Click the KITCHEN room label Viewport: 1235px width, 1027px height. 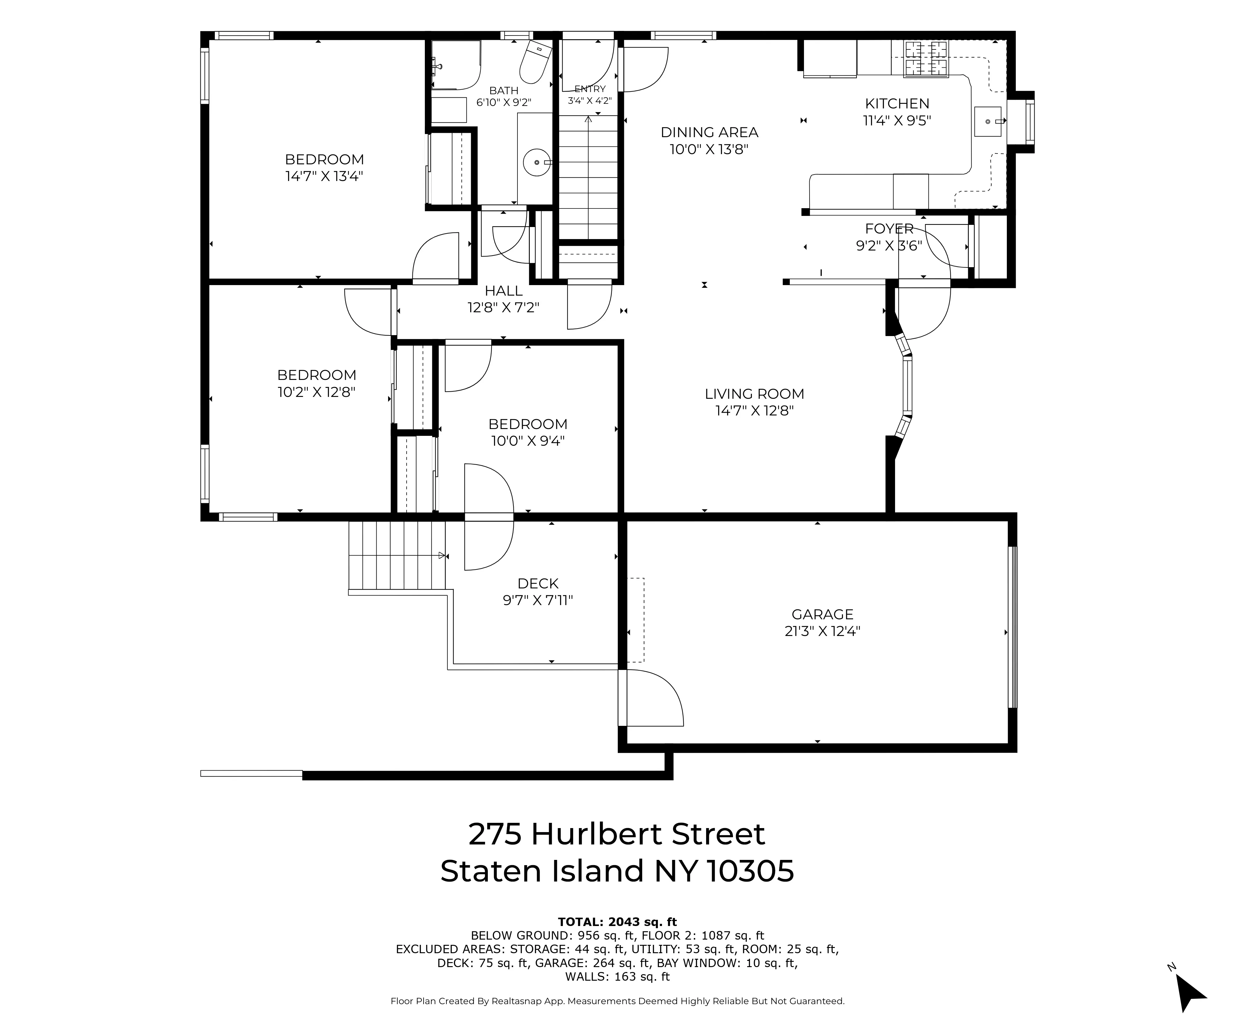click(x=897, y=103)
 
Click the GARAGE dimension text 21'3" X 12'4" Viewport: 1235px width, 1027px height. click(x=822, y=631)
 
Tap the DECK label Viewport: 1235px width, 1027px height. click(x=538, y=583)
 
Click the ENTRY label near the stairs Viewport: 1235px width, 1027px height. click(x=589, y=89)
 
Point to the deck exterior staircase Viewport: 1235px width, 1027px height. click(x=397, y=555)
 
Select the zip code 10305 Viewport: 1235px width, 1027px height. click(x=750, y=871)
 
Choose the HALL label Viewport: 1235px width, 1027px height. click(x=503, y=291)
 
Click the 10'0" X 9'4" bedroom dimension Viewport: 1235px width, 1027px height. click(x=528, y=440)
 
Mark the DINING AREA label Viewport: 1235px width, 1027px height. click(x=709, y=132)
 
